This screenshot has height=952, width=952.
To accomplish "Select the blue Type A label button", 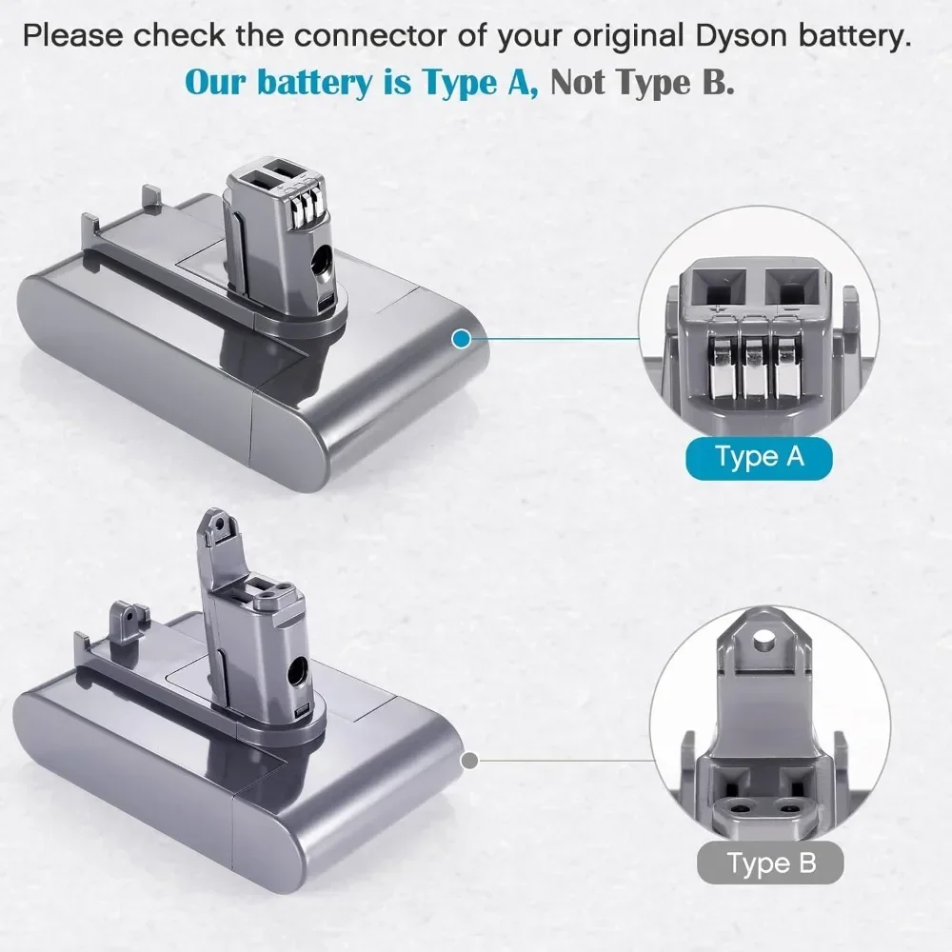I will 759,456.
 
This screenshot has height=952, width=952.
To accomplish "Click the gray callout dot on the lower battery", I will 468,760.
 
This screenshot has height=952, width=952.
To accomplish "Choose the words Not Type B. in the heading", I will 643,82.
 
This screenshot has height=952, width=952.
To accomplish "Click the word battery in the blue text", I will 306,82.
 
